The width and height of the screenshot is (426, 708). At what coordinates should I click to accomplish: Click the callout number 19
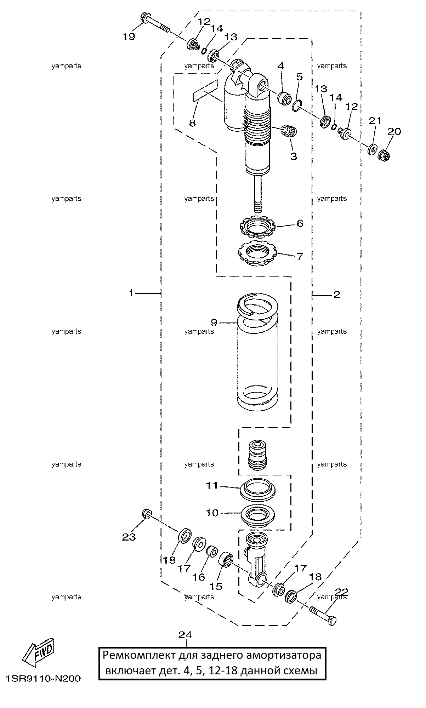129,36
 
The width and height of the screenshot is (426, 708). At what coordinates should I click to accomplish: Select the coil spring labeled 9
257,352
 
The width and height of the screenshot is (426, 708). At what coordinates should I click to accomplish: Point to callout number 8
192,123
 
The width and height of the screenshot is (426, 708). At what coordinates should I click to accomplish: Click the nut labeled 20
384,155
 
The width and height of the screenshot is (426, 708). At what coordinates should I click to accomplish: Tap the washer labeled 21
372,149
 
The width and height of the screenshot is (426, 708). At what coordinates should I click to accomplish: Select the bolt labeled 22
323,616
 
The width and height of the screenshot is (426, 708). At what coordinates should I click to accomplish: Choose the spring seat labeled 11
258,490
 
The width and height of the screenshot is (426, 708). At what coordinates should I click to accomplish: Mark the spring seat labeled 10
258,516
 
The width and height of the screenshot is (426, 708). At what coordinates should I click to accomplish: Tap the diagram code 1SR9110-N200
43,679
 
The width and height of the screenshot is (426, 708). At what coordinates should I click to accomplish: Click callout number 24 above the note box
185,635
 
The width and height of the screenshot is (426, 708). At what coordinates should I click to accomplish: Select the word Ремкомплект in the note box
139,655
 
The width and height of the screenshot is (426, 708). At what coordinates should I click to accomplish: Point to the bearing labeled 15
225,560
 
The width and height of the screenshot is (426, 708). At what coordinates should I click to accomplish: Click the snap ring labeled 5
297,105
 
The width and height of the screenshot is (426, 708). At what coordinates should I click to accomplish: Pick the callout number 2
336,295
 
